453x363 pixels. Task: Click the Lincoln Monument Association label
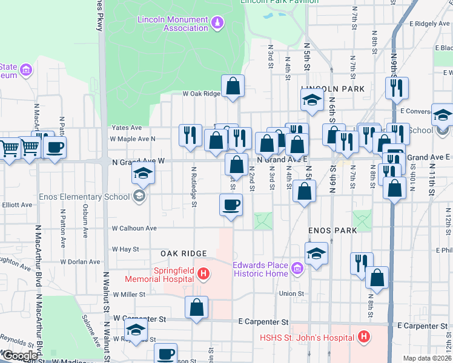(x=173, y=24)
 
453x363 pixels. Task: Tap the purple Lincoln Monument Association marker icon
(x=217, y=24)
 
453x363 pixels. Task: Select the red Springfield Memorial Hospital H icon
(x=203, y=274)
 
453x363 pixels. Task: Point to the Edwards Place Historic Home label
(x=261, y=269)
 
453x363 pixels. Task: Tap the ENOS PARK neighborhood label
(x=332, y=231)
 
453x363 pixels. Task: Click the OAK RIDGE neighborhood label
(x=184, y=253)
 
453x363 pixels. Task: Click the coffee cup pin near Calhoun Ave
(x=231, y=204)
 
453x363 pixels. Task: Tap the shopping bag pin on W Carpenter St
(x=197, y=307)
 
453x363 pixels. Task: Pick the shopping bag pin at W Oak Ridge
(x=233, y=87)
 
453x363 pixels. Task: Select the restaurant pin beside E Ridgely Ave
(x=397, y=88)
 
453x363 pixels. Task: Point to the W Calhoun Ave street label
(x=134, y=229)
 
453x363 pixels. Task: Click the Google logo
(x=19, y=356)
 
